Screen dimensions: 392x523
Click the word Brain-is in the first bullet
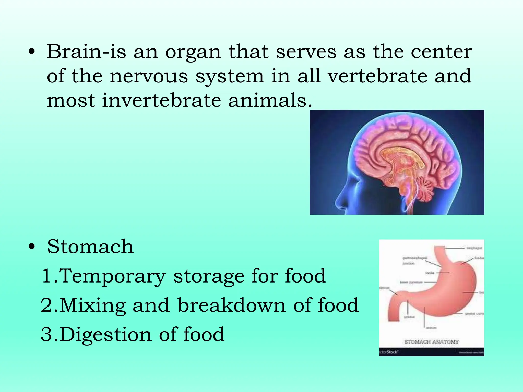86,52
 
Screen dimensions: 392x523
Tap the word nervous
149,76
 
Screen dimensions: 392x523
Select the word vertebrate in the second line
377,76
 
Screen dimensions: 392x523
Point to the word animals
270,100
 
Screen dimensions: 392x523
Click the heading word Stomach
90,247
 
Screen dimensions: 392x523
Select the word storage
209,276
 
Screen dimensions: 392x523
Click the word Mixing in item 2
93,305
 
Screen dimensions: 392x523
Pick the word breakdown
232,305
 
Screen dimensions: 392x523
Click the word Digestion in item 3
106,334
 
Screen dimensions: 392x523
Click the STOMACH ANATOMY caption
432,342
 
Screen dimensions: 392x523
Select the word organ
193,52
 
